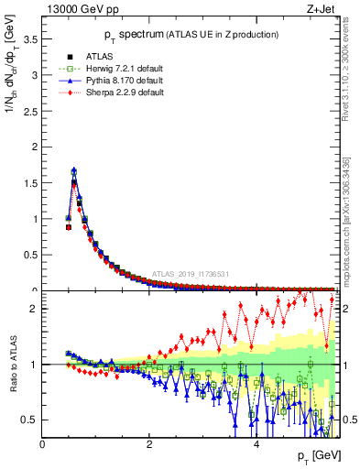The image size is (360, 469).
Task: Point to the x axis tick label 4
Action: click(x=256, y=444)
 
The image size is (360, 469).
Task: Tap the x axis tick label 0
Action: click(x=42, y=444)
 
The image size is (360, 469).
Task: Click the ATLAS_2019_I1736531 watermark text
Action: click(x=191, y=274)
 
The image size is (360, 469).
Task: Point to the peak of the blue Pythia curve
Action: click(x=74, y=169)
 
